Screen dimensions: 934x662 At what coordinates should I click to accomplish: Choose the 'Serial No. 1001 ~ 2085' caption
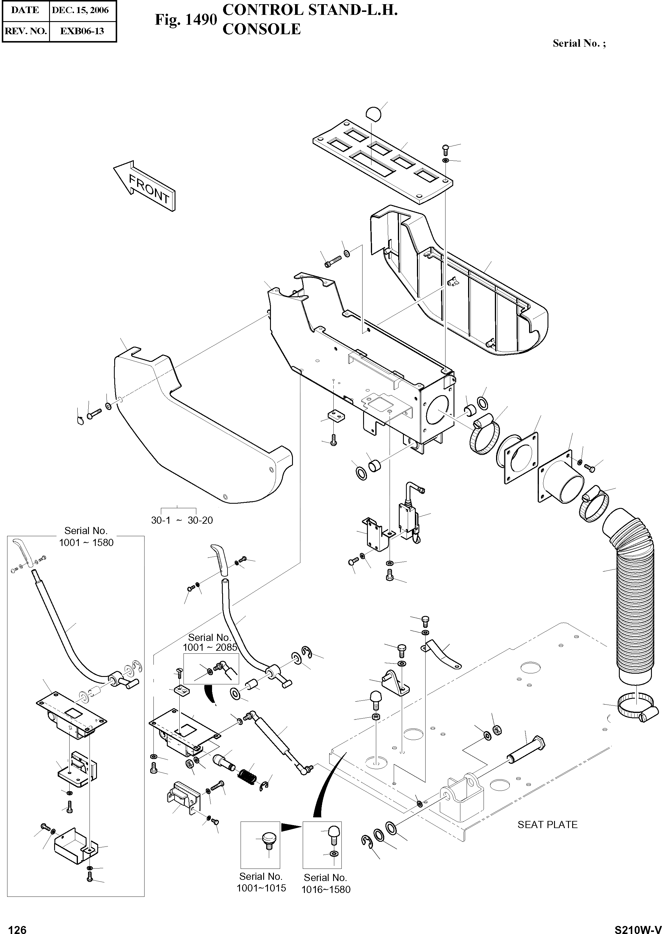point(210,642)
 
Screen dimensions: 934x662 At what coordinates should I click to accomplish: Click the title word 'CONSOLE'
point(261,29)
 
